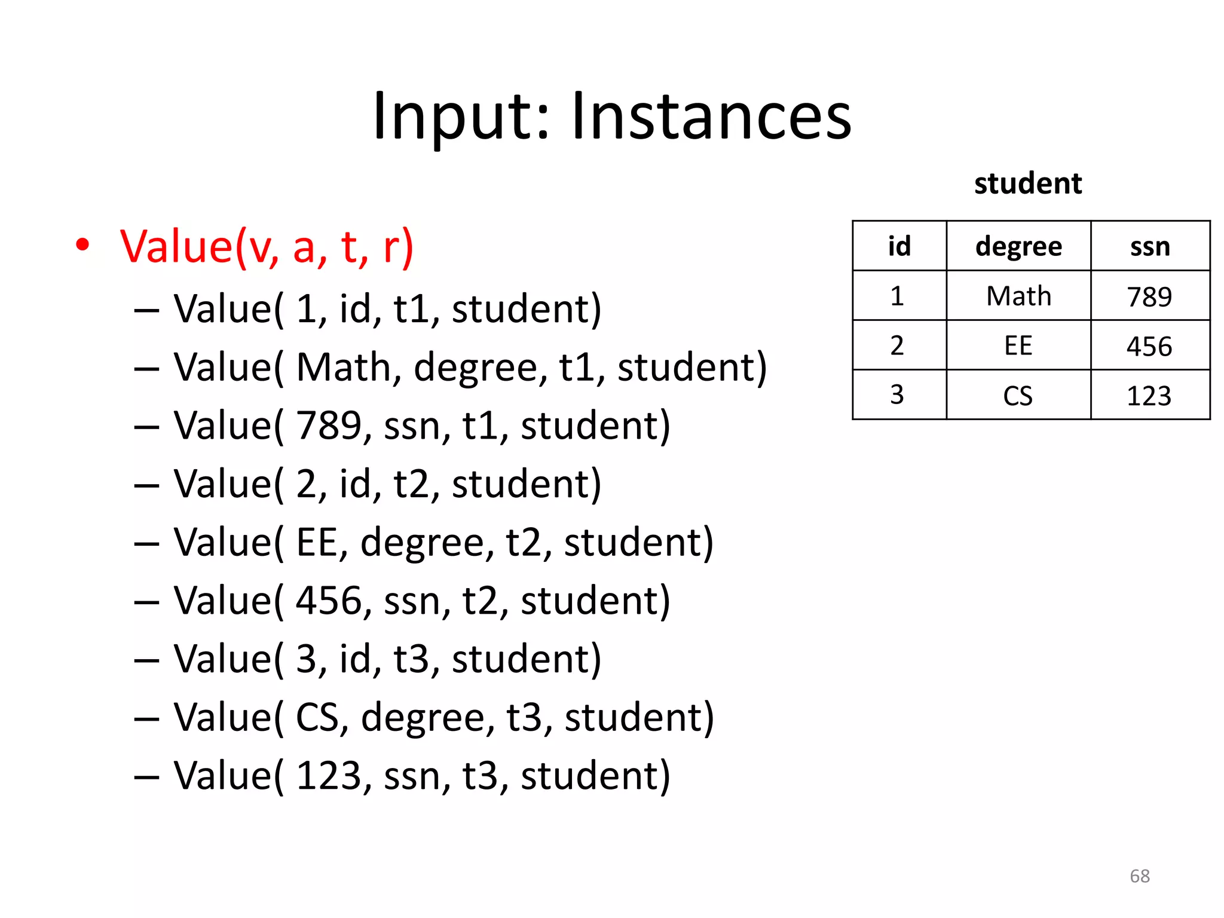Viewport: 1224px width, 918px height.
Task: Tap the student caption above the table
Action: [1028, 183]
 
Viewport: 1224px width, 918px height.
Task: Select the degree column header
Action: [1018, 246]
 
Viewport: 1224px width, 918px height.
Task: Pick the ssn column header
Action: [1150, 246]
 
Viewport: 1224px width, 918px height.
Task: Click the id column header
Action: [899, 246]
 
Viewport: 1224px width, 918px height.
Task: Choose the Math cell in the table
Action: [1018, 296]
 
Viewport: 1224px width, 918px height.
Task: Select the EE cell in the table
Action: [1018, 345]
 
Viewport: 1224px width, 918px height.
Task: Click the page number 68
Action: [1139, 876]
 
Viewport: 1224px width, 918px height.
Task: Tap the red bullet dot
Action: [82, 245]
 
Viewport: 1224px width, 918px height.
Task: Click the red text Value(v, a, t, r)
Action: [267, 246]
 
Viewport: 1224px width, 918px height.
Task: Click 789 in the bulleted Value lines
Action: [329, 426]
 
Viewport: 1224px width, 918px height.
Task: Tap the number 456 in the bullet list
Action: [329, 601]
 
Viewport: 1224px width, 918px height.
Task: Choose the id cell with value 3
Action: [897, 395]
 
